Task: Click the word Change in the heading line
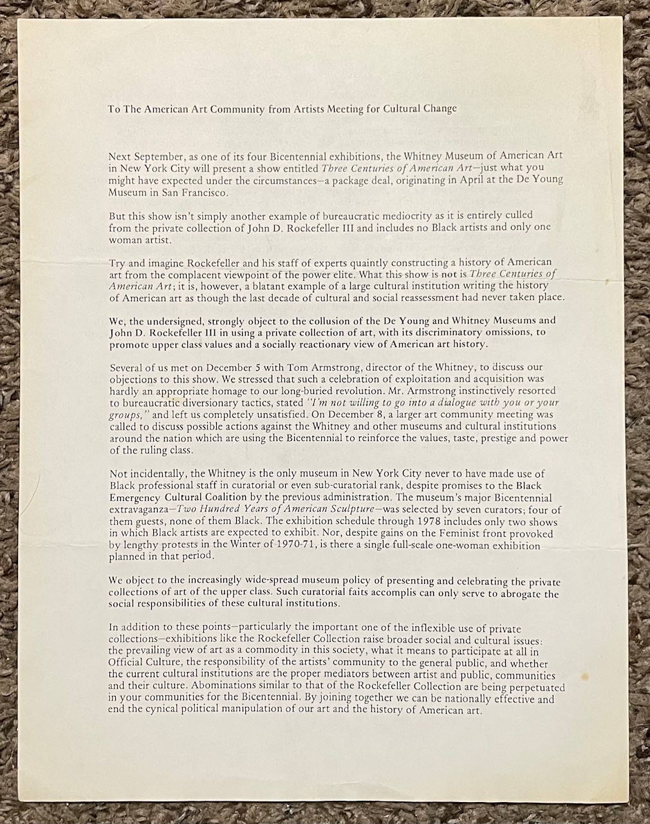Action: pyautogui.click(x=439, y=109)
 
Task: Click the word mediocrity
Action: pyautogui.click(x=385, y=215)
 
